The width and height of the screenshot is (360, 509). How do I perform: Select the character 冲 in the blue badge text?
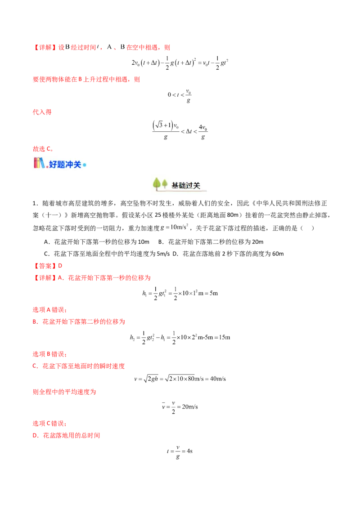(71, 164)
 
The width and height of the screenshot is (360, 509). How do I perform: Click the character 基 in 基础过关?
(175, 185)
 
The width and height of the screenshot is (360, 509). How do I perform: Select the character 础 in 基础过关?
(182, 185)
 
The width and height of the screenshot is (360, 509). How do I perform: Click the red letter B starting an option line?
(35, 322)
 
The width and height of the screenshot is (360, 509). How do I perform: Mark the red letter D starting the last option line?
(35, 435)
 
